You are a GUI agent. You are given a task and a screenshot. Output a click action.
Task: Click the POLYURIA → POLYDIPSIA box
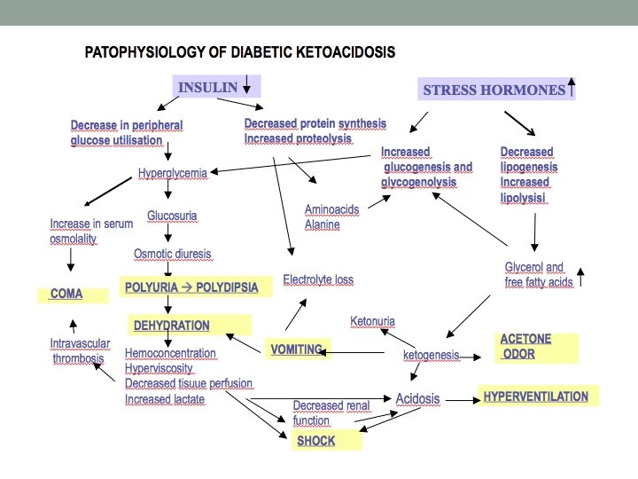[191, 287]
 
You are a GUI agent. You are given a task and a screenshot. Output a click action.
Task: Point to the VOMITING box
[298, 349]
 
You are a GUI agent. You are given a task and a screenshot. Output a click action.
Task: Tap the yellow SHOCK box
[327, 439]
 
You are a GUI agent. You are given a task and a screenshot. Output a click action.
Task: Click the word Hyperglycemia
[173, 172]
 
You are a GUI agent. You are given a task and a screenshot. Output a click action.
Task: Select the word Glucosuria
[172, 216]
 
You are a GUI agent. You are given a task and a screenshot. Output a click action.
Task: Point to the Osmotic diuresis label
[172, 254]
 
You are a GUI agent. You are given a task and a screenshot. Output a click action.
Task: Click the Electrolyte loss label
[318, 279]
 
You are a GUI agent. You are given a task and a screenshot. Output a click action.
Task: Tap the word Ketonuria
[372, 320]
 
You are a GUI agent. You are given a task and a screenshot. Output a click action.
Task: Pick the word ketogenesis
[432, 355]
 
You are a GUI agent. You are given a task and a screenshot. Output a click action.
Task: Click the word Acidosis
[417, 398]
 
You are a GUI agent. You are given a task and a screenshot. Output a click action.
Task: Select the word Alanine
[323, 224]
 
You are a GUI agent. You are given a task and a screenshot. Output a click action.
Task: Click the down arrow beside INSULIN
[245, 86]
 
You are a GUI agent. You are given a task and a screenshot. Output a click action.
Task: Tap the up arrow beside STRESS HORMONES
[572, 89]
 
